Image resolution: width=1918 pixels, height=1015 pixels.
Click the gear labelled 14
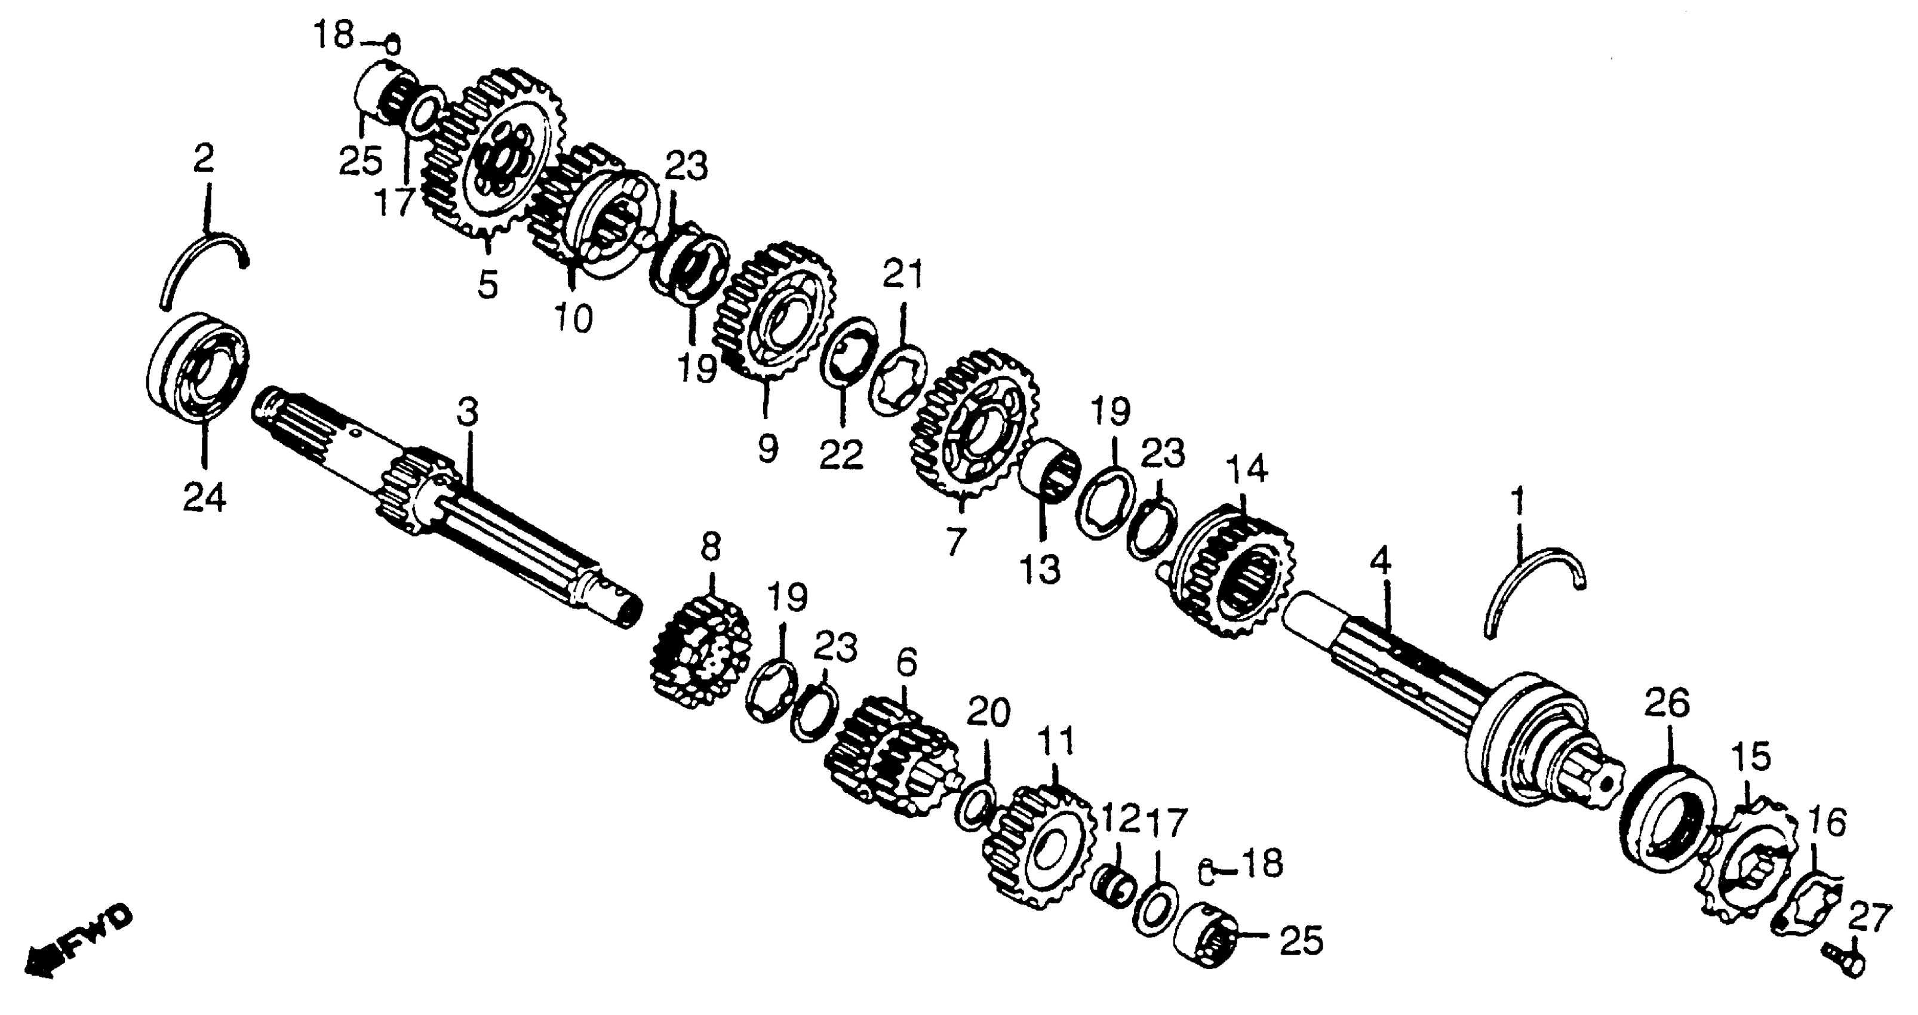click(1232, 570)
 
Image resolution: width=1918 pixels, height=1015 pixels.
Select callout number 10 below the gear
click(573, 319)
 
